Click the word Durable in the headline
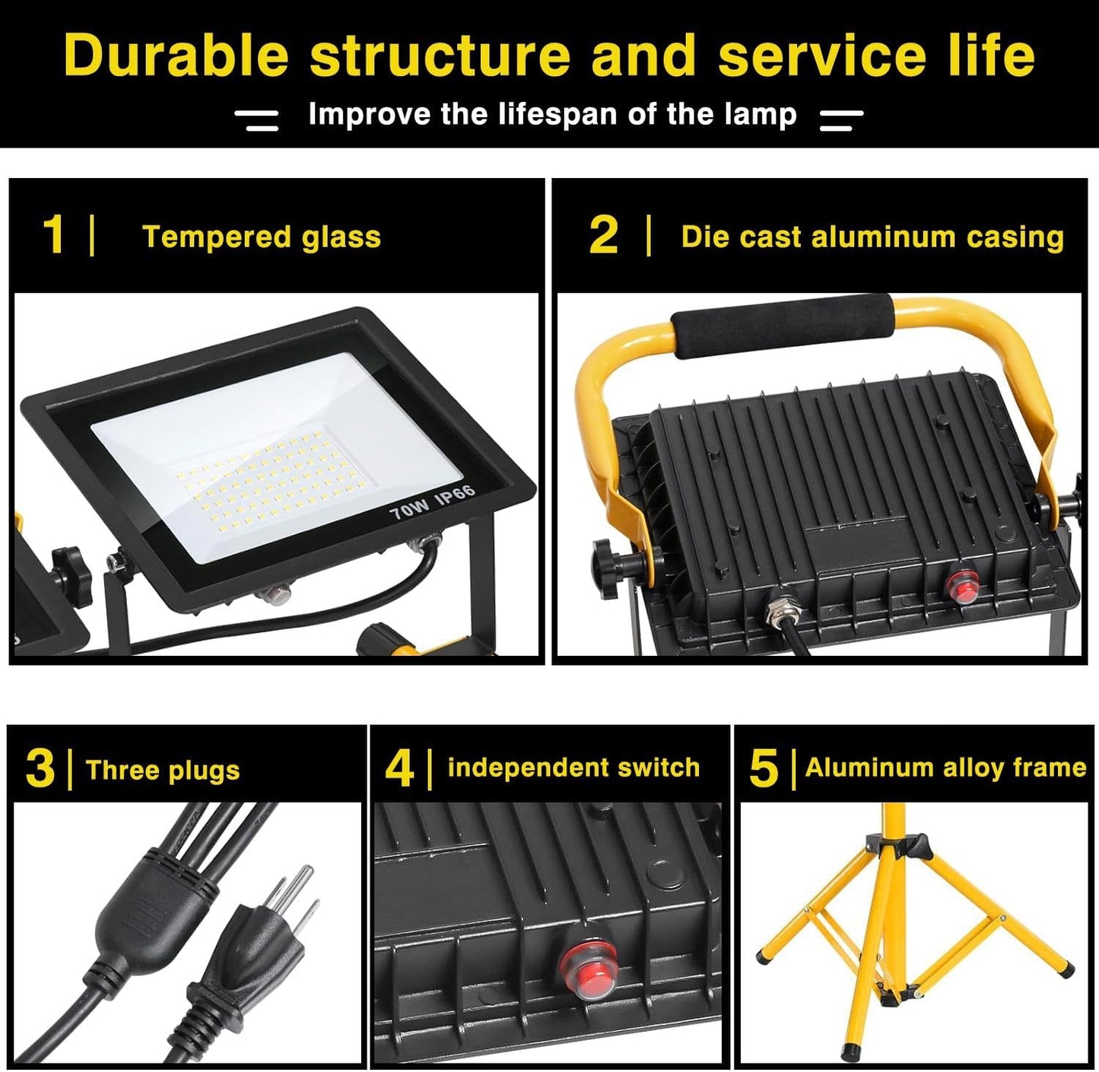point(176,55)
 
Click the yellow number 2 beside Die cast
point(603,236)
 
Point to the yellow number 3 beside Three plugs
point(40,768)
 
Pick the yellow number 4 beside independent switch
point(399,768)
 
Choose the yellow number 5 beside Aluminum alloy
point(764,768)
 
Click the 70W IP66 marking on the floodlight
point(432,503)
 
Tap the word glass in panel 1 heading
point(341,237)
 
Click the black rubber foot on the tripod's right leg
point(1069,969)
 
